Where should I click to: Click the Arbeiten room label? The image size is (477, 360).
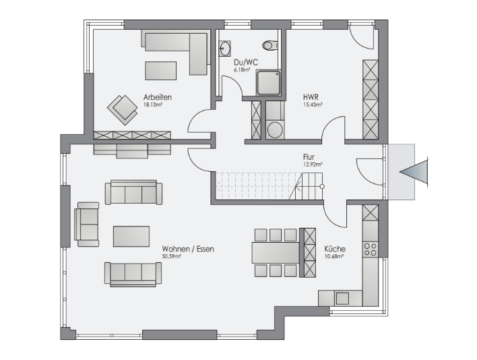[x=158, y=97]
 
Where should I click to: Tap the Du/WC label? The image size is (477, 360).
[x=246, y=63]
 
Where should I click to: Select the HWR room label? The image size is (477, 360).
[x=311, y=97]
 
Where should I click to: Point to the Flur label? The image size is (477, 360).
[x=309, y=157]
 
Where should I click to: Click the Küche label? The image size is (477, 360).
[x=335, y=249]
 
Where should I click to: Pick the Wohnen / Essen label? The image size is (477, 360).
[x=188, y=249]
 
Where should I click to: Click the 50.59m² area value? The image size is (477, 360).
[x=172, y=256]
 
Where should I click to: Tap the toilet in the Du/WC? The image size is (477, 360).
[x=270, y=45]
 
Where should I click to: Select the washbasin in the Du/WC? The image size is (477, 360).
[x=224, y=49]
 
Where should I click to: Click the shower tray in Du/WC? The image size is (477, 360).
[x=268, y=83]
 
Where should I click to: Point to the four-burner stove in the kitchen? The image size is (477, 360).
[x=371, y=249]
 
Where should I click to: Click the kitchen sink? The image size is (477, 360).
[x=342, y=298]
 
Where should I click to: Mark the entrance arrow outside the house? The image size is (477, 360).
[x=414, y=172]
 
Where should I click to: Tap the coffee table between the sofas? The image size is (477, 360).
[x=131, y=236]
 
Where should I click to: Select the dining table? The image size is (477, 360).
[x=276, y=253]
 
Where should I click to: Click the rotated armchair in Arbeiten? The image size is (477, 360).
[x=123, y=110]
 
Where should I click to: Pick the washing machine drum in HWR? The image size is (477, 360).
[x=275, y=131]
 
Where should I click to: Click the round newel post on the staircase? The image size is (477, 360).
[x=322, y=187]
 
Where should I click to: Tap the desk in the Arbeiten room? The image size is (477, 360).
[x=160, y=71]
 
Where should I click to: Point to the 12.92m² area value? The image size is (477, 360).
[x=313, y=164]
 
